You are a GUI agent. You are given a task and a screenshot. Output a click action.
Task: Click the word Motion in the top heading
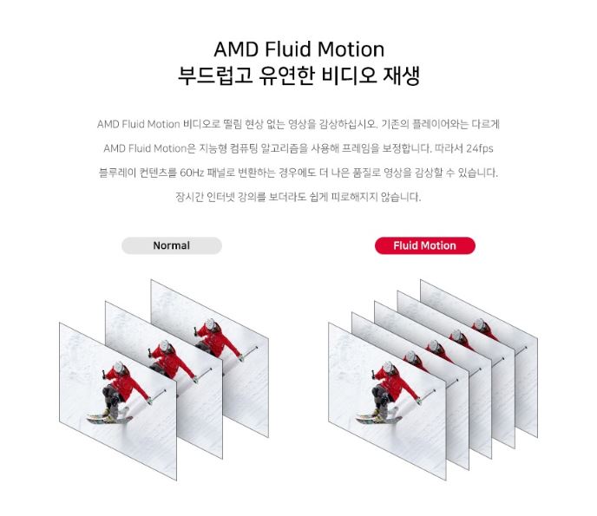(347, 49)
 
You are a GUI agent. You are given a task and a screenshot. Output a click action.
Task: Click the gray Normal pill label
(171, 245)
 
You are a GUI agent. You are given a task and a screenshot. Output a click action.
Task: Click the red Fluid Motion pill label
(424, 245)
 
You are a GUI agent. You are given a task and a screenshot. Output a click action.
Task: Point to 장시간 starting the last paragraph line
(188, 197)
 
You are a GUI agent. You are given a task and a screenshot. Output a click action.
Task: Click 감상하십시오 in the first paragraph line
(346, 124)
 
